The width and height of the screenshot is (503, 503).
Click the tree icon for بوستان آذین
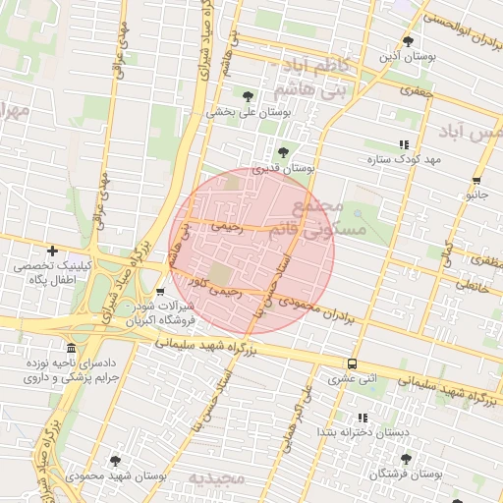(x=409, y=41)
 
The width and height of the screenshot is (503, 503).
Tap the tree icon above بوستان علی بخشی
(x=247, y=96)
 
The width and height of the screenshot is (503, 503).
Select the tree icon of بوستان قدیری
(x=283, y=152)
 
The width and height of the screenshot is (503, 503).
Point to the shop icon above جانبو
(x=477, y=180)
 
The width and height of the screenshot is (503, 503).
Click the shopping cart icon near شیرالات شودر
(x=160, y=292)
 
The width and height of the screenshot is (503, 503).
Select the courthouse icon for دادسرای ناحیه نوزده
(x=71, y=349)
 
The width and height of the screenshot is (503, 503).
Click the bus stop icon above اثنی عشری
(x=353, y=362)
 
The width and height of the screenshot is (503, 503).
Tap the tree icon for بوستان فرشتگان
(x=406, y=459)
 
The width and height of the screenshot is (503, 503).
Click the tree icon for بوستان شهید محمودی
(x=116, y=460)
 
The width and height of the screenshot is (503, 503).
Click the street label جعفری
(x=417, y=88)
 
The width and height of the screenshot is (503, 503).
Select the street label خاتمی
(x=473, y=288)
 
